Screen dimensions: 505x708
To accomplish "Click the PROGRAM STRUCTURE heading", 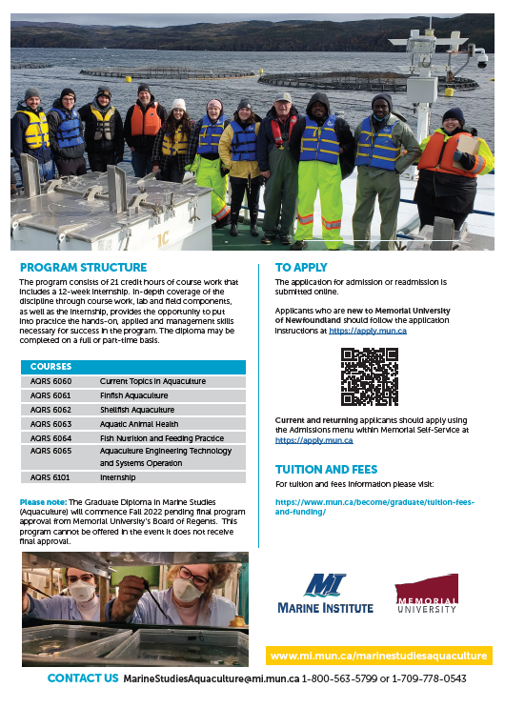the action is pyautogui.click(x=83, y=268).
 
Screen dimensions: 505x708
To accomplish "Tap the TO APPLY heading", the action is pyautogui.click(x=301, y=268).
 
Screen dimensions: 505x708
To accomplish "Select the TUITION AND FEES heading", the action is pyautogui.click(x=326, y=470).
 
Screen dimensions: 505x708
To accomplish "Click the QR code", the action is pyautogui.click(x=369, y=376).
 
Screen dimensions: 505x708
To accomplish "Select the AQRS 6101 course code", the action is pyautogui.click(x=50, y=477).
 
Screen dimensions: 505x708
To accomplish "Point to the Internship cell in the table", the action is pyautogui.click(x=118, y=477).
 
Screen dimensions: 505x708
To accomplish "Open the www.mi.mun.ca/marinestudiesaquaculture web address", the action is pyautogui.click(x=379, y=657).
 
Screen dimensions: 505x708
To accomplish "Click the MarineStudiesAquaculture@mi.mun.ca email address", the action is pyautogui.click(x=211, y=678).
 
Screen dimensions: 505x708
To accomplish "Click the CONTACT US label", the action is pyautogui.click(x=83, y=678).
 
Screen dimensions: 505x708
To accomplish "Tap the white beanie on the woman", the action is pyautogui.click(x=178, y=104).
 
